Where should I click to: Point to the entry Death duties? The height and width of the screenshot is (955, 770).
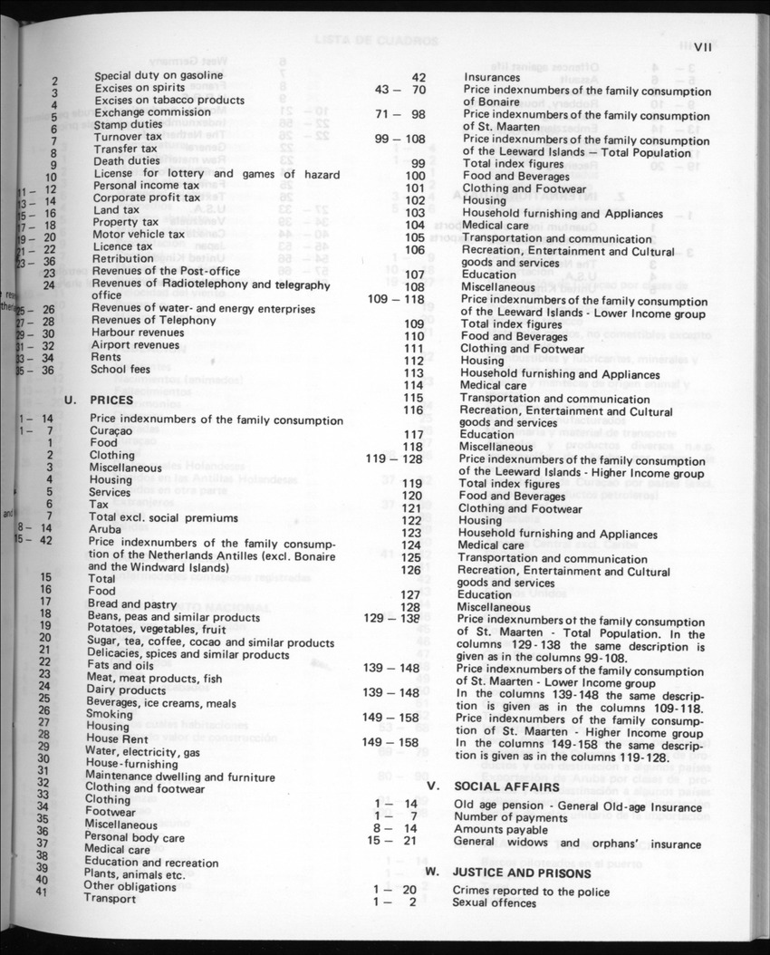pos(127,161)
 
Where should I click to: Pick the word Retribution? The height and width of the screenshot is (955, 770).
pos(123,258)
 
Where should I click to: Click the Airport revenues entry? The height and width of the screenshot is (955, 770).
pos(136,345)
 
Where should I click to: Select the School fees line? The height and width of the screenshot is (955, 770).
pos(121,370)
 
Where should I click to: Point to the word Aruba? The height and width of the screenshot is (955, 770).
pos(105,529)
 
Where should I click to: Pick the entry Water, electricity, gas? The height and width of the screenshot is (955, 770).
pos(142,752)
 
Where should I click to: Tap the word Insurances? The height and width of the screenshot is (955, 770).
pos(494,79)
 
